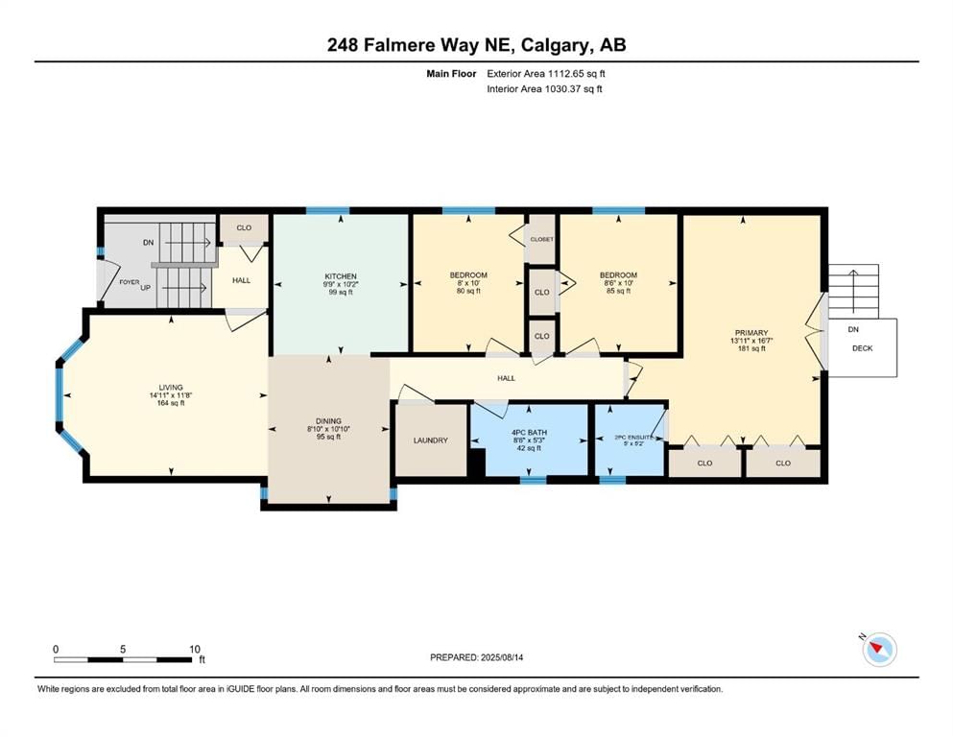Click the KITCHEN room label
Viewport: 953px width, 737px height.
pos(341,276)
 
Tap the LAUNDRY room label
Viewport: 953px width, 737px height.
pos(430,440)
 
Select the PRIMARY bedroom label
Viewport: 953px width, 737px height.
pos(751,333)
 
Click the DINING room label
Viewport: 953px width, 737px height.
pos(328,421)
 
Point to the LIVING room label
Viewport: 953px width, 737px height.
pos(171,388)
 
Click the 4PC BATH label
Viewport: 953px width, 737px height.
pos(529,433)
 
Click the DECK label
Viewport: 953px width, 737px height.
pos(863,348)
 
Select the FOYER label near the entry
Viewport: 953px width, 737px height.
pos(129,282)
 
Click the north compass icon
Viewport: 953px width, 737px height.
pos(879,650)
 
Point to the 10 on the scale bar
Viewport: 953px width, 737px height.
pos(195,649)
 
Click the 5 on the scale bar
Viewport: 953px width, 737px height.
pos(123,649)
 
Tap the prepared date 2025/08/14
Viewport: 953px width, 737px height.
pos(501,657)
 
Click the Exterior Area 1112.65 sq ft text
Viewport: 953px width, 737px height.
pos(546,74)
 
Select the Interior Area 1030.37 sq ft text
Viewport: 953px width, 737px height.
pos(544,88)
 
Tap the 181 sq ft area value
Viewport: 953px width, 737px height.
pos(751,348)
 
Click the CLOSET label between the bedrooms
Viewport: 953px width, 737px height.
pos(541,239)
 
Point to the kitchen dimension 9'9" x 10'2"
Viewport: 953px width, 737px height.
pos(341,284)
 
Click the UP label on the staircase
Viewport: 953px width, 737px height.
pos(145,287)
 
